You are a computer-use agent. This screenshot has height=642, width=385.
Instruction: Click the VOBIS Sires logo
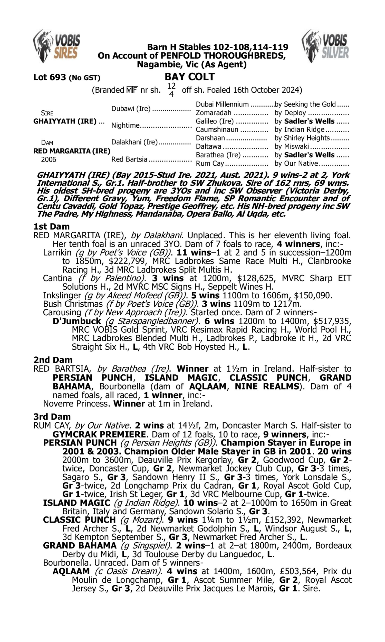56,46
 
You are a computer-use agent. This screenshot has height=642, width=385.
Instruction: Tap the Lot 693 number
50,77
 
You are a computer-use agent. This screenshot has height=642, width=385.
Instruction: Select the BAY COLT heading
190,77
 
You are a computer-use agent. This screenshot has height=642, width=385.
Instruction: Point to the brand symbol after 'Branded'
132,90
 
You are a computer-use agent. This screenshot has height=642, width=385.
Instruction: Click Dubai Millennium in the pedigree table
222,104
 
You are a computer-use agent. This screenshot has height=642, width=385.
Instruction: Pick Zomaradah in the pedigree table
214,113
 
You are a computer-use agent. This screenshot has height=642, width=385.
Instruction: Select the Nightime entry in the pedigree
125,125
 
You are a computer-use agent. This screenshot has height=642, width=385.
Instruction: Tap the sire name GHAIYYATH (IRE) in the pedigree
65,121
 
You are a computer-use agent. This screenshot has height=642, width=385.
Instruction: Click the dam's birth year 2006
49,159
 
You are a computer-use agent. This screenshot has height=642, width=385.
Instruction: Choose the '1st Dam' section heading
51,226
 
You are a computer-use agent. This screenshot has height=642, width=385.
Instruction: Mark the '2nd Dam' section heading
53,360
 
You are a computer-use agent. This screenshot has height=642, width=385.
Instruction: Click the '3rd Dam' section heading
52,417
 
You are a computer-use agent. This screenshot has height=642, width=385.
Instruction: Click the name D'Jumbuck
76,321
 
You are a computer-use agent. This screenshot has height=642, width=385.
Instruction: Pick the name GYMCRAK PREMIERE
99,434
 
